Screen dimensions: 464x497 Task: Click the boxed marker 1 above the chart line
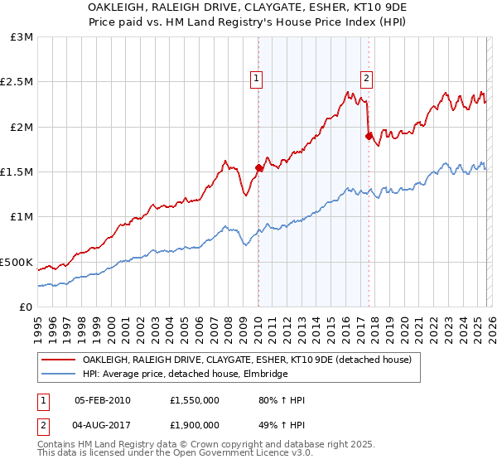coord(257,79)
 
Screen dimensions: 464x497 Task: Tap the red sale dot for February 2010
coord(258,167)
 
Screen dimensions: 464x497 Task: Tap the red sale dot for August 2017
coord(369,136)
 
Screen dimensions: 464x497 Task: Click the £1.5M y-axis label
coord(18,172)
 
